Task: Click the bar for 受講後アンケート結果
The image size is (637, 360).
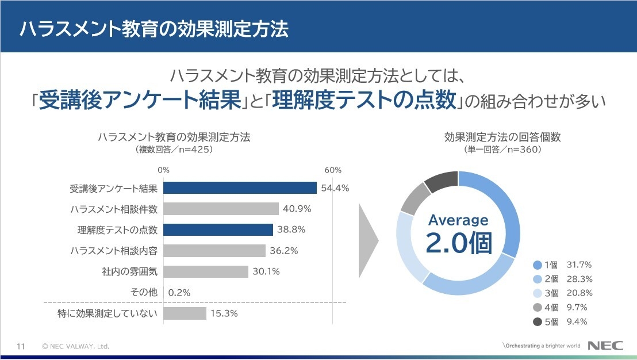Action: click(x=240, y=188)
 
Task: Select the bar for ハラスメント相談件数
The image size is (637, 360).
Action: click(x=221, y=209)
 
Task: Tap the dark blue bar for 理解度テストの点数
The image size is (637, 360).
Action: click(x=218, y=229)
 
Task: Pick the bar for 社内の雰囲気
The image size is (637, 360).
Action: click(x=206, y=271)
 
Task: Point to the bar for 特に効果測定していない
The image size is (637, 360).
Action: click(x=185, y=313)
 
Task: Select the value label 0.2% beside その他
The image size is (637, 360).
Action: click(x=179, y=293)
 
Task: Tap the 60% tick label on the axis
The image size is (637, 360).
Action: click(x=333, y=170)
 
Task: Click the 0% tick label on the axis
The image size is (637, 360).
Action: click(x=164, y=170)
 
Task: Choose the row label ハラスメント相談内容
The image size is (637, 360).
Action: click(x=114, y=251)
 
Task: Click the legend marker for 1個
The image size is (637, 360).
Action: click(x=538, y=265)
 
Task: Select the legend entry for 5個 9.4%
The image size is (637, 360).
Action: click(x=560, y=321)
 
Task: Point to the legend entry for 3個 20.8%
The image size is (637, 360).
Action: click(x=560, y=293)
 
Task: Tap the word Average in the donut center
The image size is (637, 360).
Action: click(x=458, y=220)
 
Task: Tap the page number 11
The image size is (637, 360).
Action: click(x=21, y=346)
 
